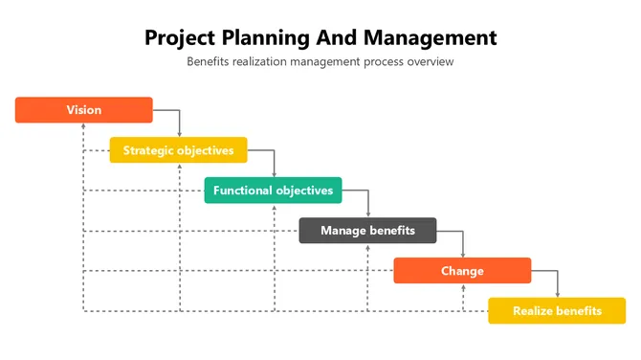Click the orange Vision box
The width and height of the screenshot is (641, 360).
(x=84, y=110)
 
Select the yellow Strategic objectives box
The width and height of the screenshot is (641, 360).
(x=178, y=150)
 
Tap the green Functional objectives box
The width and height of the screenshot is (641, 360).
(x=273, y=191)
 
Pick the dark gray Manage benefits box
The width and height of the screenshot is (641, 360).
(x=367, y=231)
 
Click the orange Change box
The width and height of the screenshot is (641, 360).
(x=462, y=271)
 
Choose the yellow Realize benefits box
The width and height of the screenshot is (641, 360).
(x=557, y=311)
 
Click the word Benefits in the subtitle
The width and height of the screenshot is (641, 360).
(x=209, y=62)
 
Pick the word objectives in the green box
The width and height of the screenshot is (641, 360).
(x=304, y=191)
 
